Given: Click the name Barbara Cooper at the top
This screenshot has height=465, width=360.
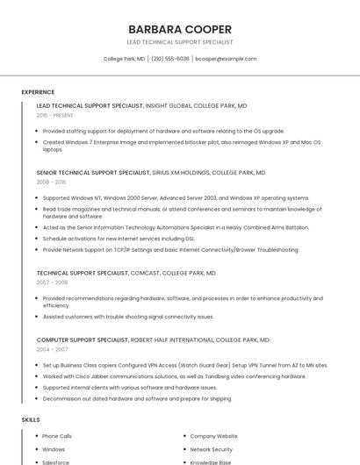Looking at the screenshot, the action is click(179, 29).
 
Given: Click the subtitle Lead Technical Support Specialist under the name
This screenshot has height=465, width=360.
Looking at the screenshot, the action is click(179, 41).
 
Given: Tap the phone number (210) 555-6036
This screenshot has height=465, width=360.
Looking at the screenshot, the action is click(169, 59).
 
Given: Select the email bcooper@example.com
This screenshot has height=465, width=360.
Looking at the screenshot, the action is click(226, 59).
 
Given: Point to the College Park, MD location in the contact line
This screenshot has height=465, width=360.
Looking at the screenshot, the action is click(124, 59).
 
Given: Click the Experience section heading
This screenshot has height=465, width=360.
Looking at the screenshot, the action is click(38, 92).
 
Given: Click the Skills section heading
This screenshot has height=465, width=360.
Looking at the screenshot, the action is click(31, 420).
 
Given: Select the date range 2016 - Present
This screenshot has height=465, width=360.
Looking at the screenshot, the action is click(54, 115).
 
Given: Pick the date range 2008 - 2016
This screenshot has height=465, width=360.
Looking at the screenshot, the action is click(51, 182).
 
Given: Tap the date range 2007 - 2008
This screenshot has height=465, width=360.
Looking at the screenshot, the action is click(52, 283).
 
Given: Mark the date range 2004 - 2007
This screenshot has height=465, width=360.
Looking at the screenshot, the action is click(52, 349).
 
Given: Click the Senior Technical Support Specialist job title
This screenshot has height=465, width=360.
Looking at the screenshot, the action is click(93, 173).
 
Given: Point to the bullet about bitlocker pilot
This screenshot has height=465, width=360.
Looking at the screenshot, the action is click(181, 145).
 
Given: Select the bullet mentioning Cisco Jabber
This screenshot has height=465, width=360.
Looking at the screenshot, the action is click(174, 376).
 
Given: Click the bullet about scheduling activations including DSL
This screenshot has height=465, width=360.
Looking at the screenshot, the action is click(119, 238).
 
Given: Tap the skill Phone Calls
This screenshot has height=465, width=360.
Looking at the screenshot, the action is click(57, 436).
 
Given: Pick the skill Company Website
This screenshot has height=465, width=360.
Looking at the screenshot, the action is click(213, 436).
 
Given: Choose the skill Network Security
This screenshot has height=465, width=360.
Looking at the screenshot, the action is click(212, 449).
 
